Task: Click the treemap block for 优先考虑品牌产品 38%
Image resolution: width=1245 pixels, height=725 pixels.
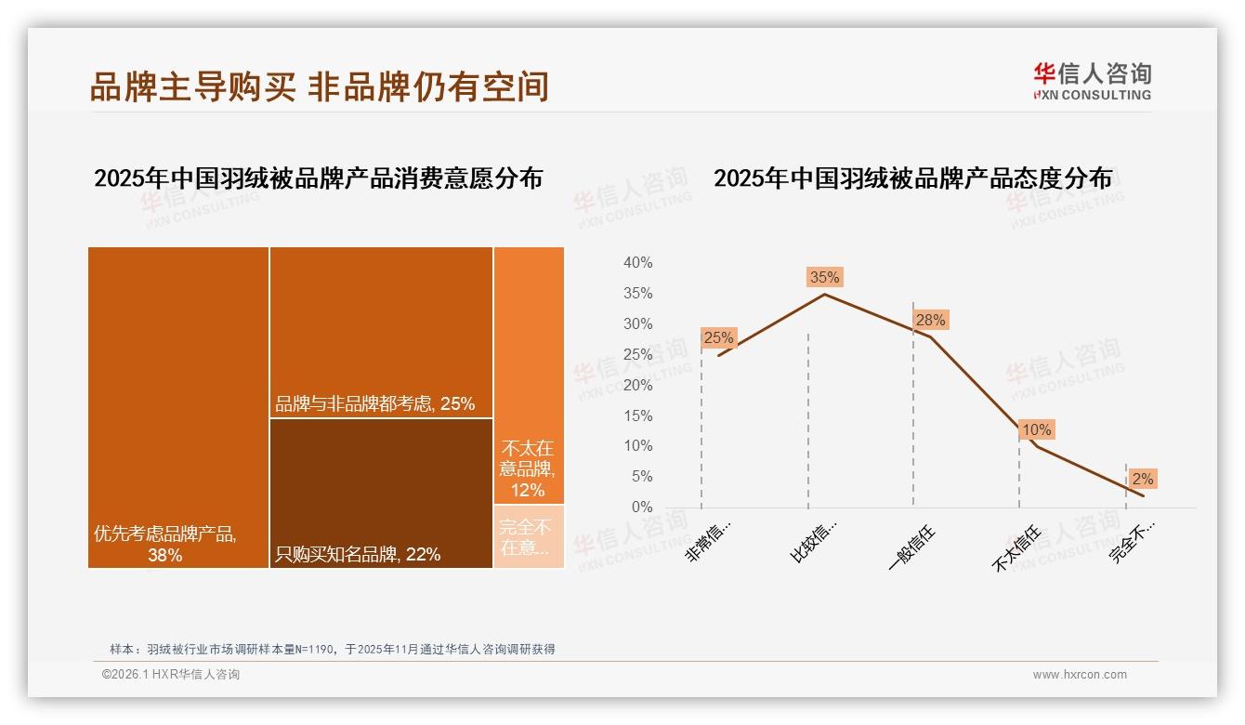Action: (x=178, y=407)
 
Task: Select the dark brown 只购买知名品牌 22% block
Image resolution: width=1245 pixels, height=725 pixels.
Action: (x=381, y=493)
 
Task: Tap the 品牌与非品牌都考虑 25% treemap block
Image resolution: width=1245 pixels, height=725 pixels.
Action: (x=381, y=332)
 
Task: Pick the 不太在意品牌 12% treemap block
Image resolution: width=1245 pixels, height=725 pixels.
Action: (x=529, y=375)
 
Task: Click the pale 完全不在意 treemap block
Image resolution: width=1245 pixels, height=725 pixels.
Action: (x=529, y=536)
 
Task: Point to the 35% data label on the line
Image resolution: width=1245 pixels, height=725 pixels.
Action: (x=824, y=277)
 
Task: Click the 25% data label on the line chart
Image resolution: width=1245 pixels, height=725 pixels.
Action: (x=718, y=338)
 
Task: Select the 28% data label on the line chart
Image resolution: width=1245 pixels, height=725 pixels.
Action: (x=930, y=321)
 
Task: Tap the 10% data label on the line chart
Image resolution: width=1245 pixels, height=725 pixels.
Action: (x=1036, y=430)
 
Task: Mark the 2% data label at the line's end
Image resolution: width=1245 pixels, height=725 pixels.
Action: (x=1143, y=480)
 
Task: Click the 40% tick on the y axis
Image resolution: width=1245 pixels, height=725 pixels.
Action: (x=637, y=263)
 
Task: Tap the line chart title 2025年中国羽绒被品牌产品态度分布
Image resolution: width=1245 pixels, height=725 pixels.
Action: (x=912, y=178)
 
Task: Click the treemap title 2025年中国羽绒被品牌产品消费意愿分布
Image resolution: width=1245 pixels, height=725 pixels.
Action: (x=318, y=178)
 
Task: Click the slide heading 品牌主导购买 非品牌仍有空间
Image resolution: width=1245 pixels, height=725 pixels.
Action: (x=320, y=86)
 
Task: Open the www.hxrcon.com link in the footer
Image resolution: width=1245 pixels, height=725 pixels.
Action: (x=1080, y=675)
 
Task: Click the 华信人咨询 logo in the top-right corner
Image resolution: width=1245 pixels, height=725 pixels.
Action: (x=1092, y=81)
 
